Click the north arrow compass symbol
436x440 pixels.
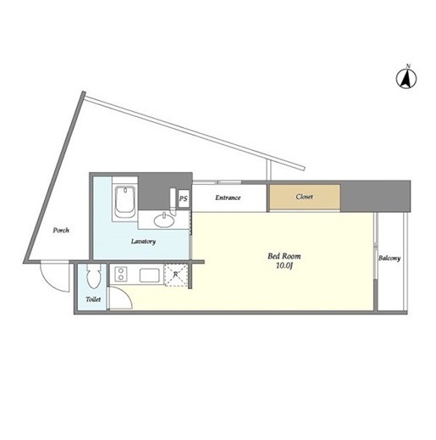[x=406, y=79]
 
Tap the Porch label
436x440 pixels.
[x=61, y=231]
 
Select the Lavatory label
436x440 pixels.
[x=143, y=242]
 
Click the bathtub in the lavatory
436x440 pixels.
[x=125, y=202]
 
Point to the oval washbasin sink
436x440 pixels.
[x=164, y=220]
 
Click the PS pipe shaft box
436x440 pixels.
[x=184, y=198]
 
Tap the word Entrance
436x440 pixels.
[x=228, y=198]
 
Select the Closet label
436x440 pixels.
[x=304, y=197]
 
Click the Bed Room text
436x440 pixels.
[x=284, y=256]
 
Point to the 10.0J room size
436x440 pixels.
[x=284, y=265]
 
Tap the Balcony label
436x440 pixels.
[x=389, y=258]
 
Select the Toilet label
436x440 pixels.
[x=93, y=299]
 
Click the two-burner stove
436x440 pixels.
[x=121, y=274]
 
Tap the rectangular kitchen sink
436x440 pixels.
[x=150, y=276]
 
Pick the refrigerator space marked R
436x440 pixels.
[x=175, y=276]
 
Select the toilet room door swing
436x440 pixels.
[x=125, y=294]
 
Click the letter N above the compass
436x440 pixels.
[x=407, y=66]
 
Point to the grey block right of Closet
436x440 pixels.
[x=375, y=197]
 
